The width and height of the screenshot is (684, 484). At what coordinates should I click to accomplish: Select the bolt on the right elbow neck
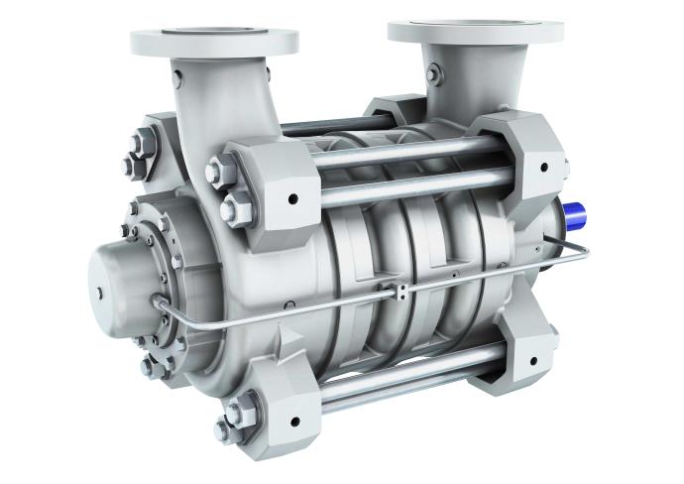pos(433,74)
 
